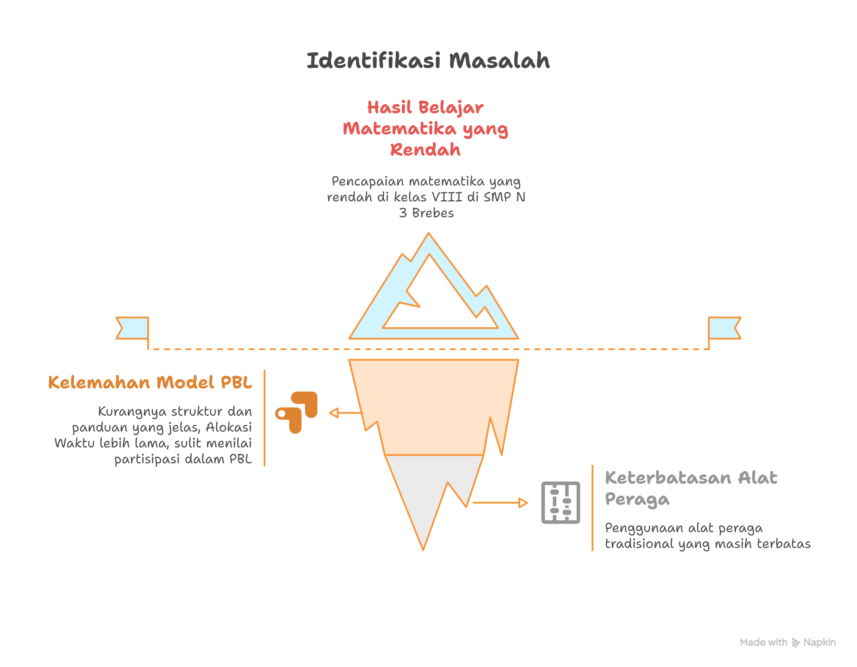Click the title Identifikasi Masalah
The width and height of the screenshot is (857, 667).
coord(428,61)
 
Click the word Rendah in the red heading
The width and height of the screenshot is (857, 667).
coord(425,150)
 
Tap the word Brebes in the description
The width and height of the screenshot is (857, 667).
coord(433,213)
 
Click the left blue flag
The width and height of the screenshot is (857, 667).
coord(132,328)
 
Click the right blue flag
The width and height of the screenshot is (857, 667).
coord(724,328)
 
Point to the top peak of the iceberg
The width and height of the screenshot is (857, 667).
coord(428,233)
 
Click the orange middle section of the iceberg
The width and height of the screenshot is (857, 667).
coord(433,404)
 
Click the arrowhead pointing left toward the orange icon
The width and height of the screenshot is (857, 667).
coord(334,413)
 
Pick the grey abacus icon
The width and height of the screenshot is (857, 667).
coord(560,502)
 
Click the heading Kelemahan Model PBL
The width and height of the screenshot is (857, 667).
coord(150,382)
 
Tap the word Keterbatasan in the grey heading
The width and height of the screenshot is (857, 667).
coord(668,478)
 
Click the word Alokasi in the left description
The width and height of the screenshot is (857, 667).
coord(229,427)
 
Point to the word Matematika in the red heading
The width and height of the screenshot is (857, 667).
coord(399,128)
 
